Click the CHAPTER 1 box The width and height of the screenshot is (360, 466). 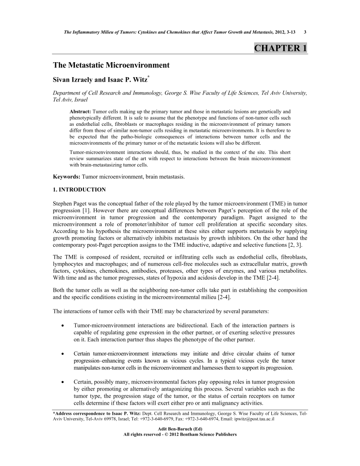pos(281,48)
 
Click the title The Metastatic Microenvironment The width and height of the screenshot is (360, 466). pos(111,65)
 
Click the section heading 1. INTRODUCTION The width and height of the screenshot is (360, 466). pos(79,190)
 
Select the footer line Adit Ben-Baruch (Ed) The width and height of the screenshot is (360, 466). pos(180,429)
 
